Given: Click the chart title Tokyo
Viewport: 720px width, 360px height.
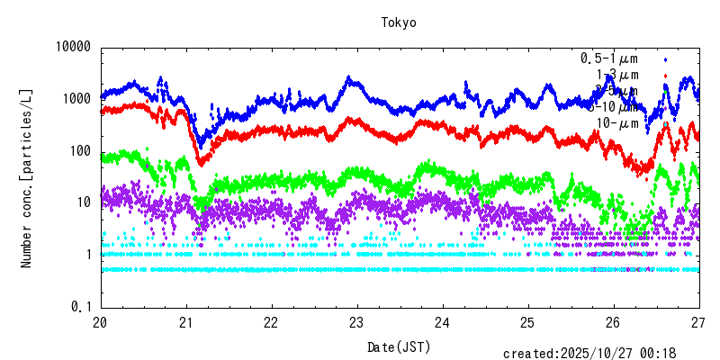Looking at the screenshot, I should pos(399,22).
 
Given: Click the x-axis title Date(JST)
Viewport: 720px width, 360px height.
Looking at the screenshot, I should pos(399,346).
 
